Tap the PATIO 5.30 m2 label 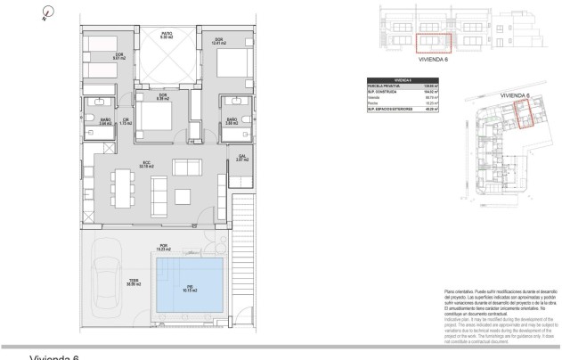click(x=166, y=37)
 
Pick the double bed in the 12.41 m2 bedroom click(x=228, y=67)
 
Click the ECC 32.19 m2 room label click(x=145, y=165)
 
